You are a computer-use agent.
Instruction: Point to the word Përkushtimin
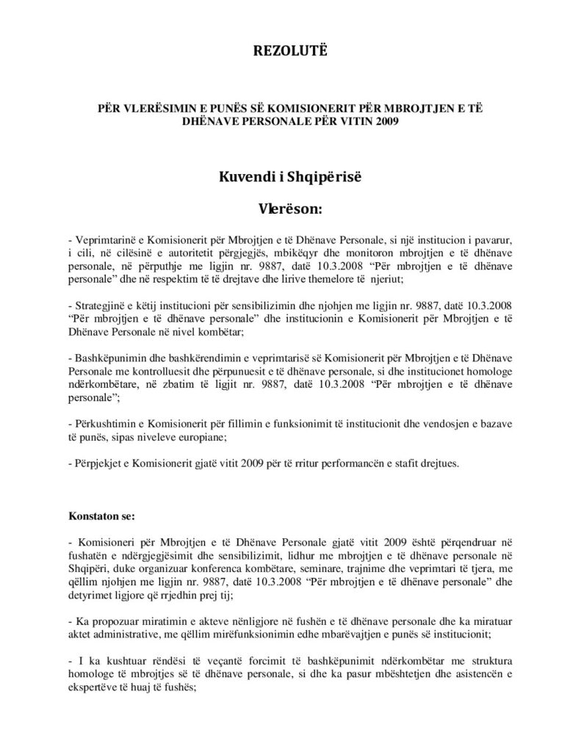[104, 425]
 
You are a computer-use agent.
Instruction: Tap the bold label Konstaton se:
[101, 515]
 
